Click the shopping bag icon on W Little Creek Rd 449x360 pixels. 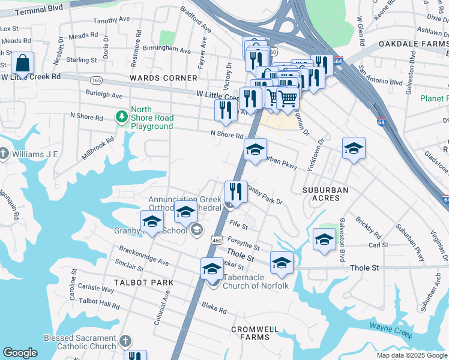22,63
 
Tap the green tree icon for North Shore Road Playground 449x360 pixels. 122,115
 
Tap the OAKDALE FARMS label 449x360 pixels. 414,44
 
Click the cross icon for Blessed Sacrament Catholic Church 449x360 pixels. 125,341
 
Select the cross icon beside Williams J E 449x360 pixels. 4,154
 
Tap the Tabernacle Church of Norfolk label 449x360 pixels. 256,281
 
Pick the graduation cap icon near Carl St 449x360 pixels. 324,239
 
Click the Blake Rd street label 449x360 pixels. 214,310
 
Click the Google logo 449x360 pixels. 20,353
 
